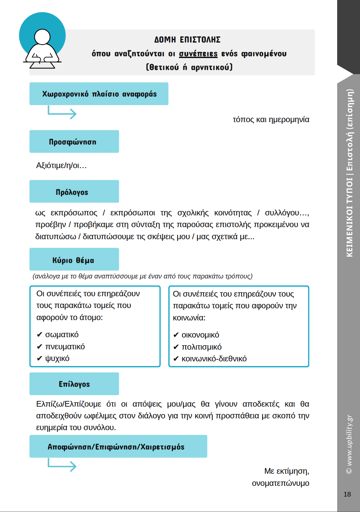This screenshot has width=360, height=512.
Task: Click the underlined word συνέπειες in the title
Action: tap(198, 54)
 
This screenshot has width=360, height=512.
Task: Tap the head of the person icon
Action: tap(42, 37)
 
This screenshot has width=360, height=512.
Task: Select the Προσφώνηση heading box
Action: tap(74, 142)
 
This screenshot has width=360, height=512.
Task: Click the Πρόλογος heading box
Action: tap(74, 192)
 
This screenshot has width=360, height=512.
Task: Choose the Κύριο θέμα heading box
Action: tap(74, 259)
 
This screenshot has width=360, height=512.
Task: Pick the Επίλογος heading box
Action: tap(74, 384)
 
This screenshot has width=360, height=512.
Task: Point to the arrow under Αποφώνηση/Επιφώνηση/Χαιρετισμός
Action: tap(62, 465)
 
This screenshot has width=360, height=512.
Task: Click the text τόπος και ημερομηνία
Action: tap(271, 120)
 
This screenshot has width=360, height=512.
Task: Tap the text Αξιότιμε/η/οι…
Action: tap(61, 165)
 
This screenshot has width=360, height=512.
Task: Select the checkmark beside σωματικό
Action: tap(40, 335)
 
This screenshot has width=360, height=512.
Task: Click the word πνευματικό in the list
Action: tap(65, 347)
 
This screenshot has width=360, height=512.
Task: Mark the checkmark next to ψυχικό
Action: tap(40, 358)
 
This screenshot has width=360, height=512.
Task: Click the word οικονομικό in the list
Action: tap(200, 335)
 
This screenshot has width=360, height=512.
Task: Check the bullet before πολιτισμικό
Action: tap(176, 347)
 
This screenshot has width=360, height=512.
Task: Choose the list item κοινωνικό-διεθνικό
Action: tap(214, 359)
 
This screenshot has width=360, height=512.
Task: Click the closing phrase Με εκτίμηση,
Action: tap(286, 471)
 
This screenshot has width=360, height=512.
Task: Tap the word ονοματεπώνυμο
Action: tap(280, 483)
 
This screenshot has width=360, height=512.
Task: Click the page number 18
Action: tap(347, 494)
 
